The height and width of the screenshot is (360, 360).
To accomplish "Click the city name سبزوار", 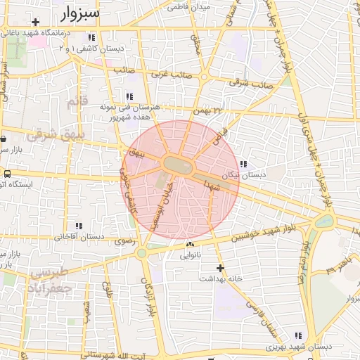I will click(x=76, y=13).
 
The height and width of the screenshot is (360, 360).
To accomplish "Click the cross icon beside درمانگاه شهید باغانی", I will click(x=35, y=22).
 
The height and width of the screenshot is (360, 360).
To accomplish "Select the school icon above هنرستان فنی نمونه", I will click(x=129, y=96).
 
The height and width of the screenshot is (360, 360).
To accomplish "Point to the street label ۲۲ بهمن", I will click(x=213, y=111).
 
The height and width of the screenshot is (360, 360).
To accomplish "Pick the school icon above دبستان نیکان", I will click(x=243, y=164).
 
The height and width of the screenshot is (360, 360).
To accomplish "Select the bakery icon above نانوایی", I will click(x=190, y=244).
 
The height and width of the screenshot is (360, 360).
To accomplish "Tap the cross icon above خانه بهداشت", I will click(x=221, y=268).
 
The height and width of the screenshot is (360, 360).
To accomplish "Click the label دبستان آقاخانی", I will click(x=75, y=237).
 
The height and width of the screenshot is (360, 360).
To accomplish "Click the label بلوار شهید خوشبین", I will click(x=262, y=234).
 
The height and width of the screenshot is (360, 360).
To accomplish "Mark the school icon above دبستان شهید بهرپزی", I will click(x=298, y=336).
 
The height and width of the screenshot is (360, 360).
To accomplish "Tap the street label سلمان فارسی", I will click(x=261, y=317).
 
